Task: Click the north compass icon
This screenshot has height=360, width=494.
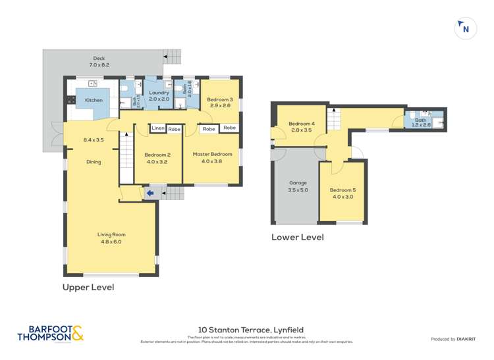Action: coord(466,28)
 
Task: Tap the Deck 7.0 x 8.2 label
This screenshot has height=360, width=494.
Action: coord(98,62)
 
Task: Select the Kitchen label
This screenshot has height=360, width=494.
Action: coord(94,100)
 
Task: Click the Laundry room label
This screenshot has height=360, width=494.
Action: coord(159,95)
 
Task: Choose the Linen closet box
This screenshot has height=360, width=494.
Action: coord(158,129)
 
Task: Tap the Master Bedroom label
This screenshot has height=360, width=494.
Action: coord(212,157)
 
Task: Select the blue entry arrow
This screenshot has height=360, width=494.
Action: coord(150,193)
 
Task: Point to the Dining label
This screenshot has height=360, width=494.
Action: coord(94,162)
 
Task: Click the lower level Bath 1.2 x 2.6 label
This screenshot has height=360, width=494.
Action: coord(420,122)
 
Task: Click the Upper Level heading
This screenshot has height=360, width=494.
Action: coord(88,287)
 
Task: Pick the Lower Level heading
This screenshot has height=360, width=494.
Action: coord(297,237)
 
